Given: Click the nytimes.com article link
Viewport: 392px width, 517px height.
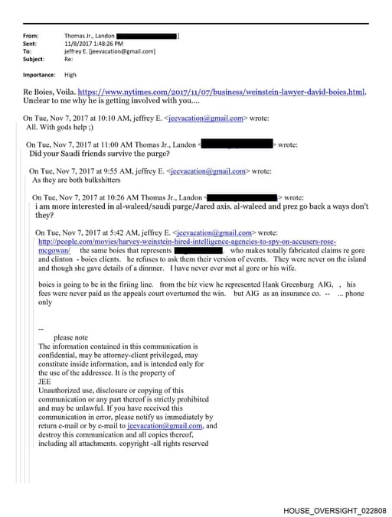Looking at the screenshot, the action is (221, 92).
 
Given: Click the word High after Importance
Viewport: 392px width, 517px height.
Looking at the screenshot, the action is (70, 75).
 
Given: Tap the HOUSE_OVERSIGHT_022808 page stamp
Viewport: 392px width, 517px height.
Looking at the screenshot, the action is (335, 510).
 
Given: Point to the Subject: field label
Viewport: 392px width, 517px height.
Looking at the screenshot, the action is (34, 59).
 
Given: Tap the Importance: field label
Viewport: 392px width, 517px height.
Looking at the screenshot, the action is (39, 75).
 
